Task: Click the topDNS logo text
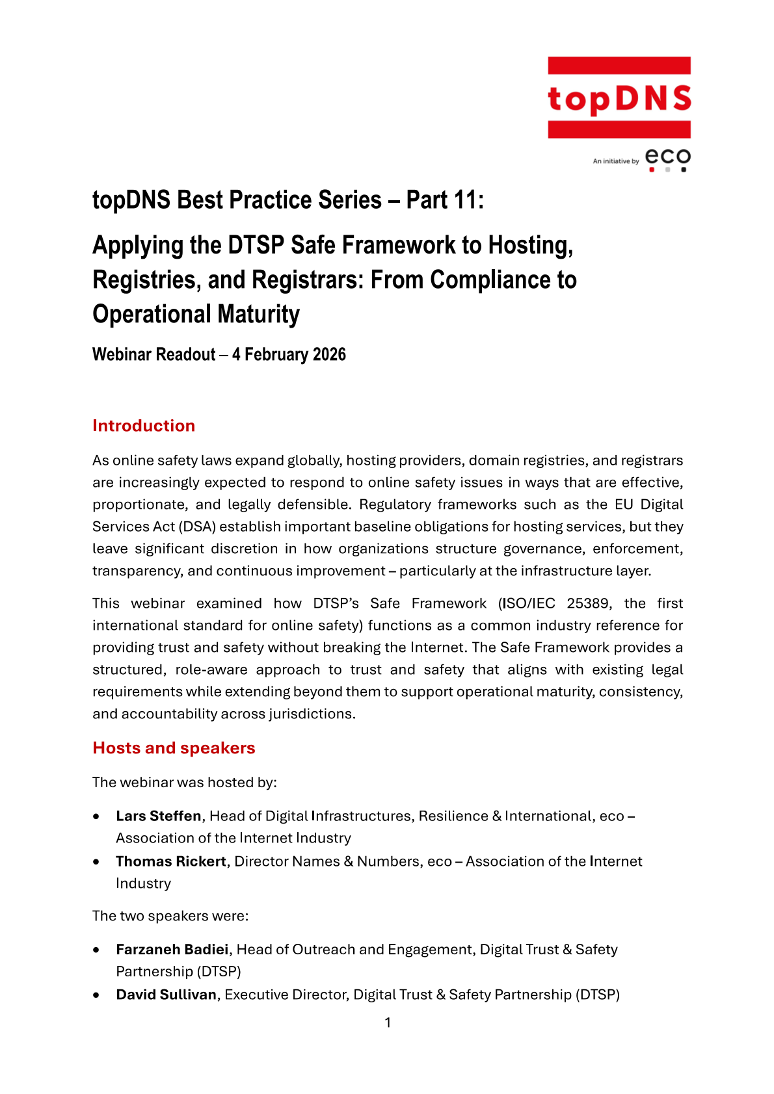(619, 98)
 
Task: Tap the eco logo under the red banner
(667, 159)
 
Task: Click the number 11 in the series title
(465, 200)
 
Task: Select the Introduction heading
(144, 426)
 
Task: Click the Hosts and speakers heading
(174, 748)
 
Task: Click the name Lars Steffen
(159, 816)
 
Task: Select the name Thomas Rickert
(171, 861)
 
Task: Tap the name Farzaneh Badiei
(172, 950)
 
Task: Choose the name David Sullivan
(166, 995)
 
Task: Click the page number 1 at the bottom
(388, 1023)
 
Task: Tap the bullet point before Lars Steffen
(97, 816)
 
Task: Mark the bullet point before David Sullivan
(97, 995)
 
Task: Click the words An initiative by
(615, 161)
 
